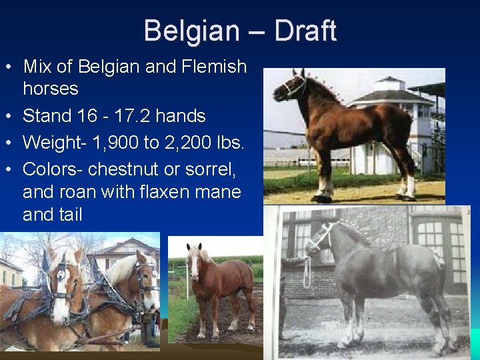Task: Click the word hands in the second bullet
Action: coord(181,116)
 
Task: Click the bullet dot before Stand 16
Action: coord(9,117)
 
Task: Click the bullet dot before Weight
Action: coord(9,143)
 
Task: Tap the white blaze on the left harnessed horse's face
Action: coord(61,293)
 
